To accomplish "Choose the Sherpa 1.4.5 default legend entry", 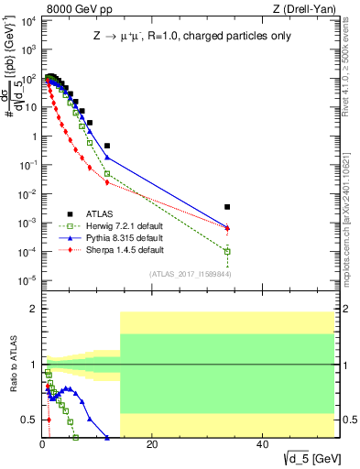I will (118, 249).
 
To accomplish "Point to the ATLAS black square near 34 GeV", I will (227, 207).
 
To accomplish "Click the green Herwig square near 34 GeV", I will (227, 251).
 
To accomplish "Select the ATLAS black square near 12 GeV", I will (107, 146).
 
